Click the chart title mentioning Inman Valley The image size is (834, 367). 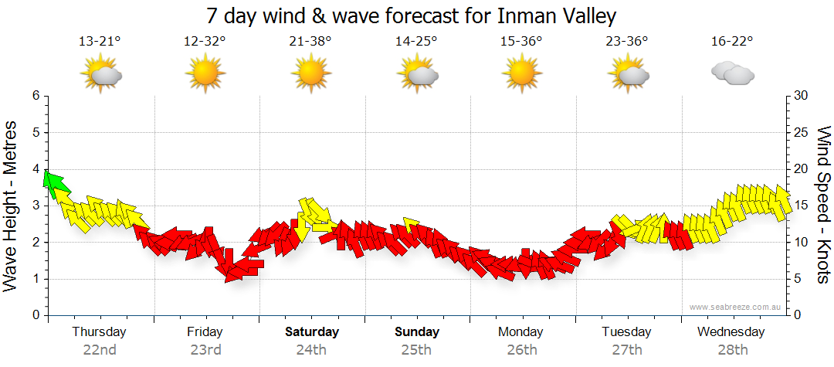pyautogui.click(x=412, y=16)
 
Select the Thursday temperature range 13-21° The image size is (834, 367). pyautogui.click(x=100, y=41)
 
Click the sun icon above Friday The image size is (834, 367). pyautogui.click(x=205, y=74)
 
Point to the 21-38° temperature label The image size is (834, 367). pyautogui.click(x=310, y=41)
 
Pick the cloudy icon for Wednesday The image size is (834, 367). pyautogui.click(x=732, y=74)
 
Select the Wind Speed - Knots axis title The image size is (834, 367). pyautogui.click(x=823, y=205)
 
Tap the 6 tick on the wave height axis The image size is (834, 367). pyautogui.click(x=35, y=96)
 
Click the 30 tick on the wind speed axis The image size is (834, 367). pyautogui.click(x=802, y=96)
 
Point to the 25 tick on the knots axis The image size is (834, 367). pyautogui.click(x=802, y=132)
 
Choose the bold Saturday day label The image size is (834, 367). pyautogui.click(x=311, y=332)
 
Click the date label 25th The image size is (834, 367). pyautogui.click(x=416, y=349)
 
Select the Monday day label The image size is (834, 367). pyautogui.click(x=521, y=332)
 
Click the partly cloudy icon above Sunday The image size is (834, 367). pyautogui.click(x=417, y=74)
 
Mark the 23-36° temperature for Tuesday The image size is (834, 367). pyautogui.click(x=626, y=41)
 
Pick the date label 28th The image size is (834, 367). pyautogui.click(x=731, y=349)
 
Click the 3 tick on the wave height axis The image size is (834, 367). pyautogui.click(x=35, y=206)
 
